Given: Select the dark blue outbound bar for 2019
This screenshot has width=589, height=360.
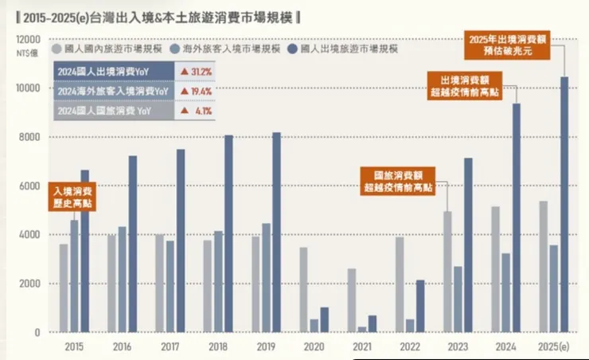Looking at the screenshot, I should pos(276,232).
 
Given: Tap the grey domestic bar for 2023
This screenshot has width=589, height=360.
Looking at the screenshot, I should pos(447,272).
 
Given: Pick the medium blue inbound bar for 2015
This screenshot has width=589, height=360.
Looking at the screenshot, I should pos(74,276).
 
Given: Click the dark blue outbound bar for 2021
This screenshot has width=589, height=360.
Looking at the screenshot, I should pos(372,323).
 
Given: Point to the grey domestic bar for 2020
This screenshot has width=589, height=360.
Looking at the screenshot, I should pos(303,290).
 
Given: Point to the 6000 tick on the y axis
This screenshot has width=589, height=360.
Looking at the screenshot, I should pos(31,186).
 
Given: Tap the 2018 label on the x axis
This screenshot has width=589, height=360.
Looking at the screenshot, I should pos(217,346).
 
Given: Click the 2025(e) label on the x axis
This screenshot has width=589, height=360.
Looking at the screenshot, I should pos(554,346).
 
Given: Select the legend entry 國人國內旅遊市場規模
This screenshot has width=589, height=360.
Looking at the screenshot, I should pos(109,49).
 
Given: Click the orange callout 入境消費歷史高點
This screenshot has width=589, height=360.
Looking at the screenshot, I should pos(73,197).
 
